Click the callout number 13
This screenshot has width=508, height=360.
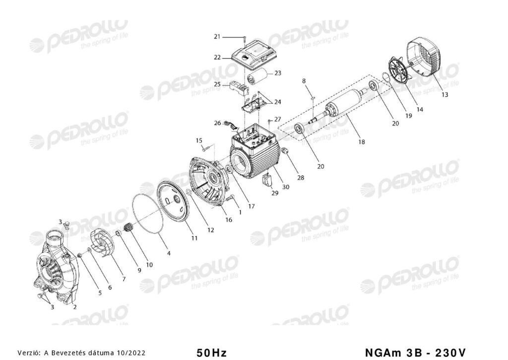[x=444, y=94]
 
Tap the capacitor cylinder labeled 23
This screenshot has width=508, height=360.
[x=257, y=77]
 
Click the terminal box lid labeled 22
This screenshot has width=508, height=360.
[x=254, y=56]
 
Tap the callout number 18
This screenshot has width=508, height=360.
[x=362, y=142]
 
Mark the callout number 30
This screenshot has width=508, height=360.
[x=286, y=187]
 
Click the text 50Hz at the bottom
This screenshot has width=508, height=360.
[x=211, y=352]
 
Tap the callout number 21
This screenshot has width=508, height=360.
[x=217, y=37]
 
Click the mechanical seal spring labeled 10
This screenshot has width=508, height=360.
[x=129, y=227]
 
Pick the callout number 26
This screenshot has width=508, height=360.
[x=217, y=123]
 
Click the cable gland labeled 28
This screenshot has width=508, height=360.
[x=285, y=150]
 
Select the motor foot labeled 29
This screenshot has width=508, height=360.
[x=267, y=180]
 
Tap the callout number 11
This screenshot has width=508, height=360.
[x=194, y=238]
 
